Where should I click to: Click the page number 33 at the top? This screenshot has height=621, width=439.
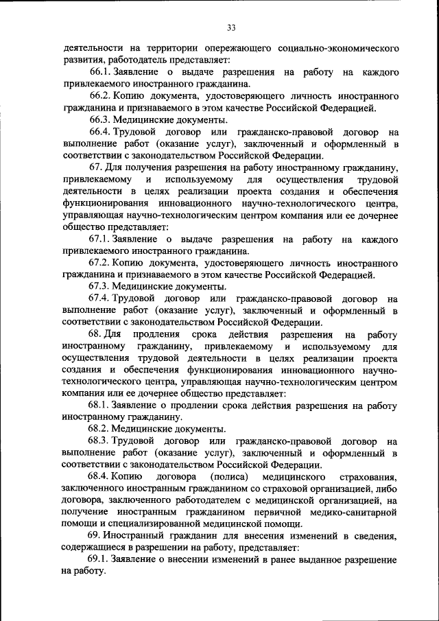tap(230, 27)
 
